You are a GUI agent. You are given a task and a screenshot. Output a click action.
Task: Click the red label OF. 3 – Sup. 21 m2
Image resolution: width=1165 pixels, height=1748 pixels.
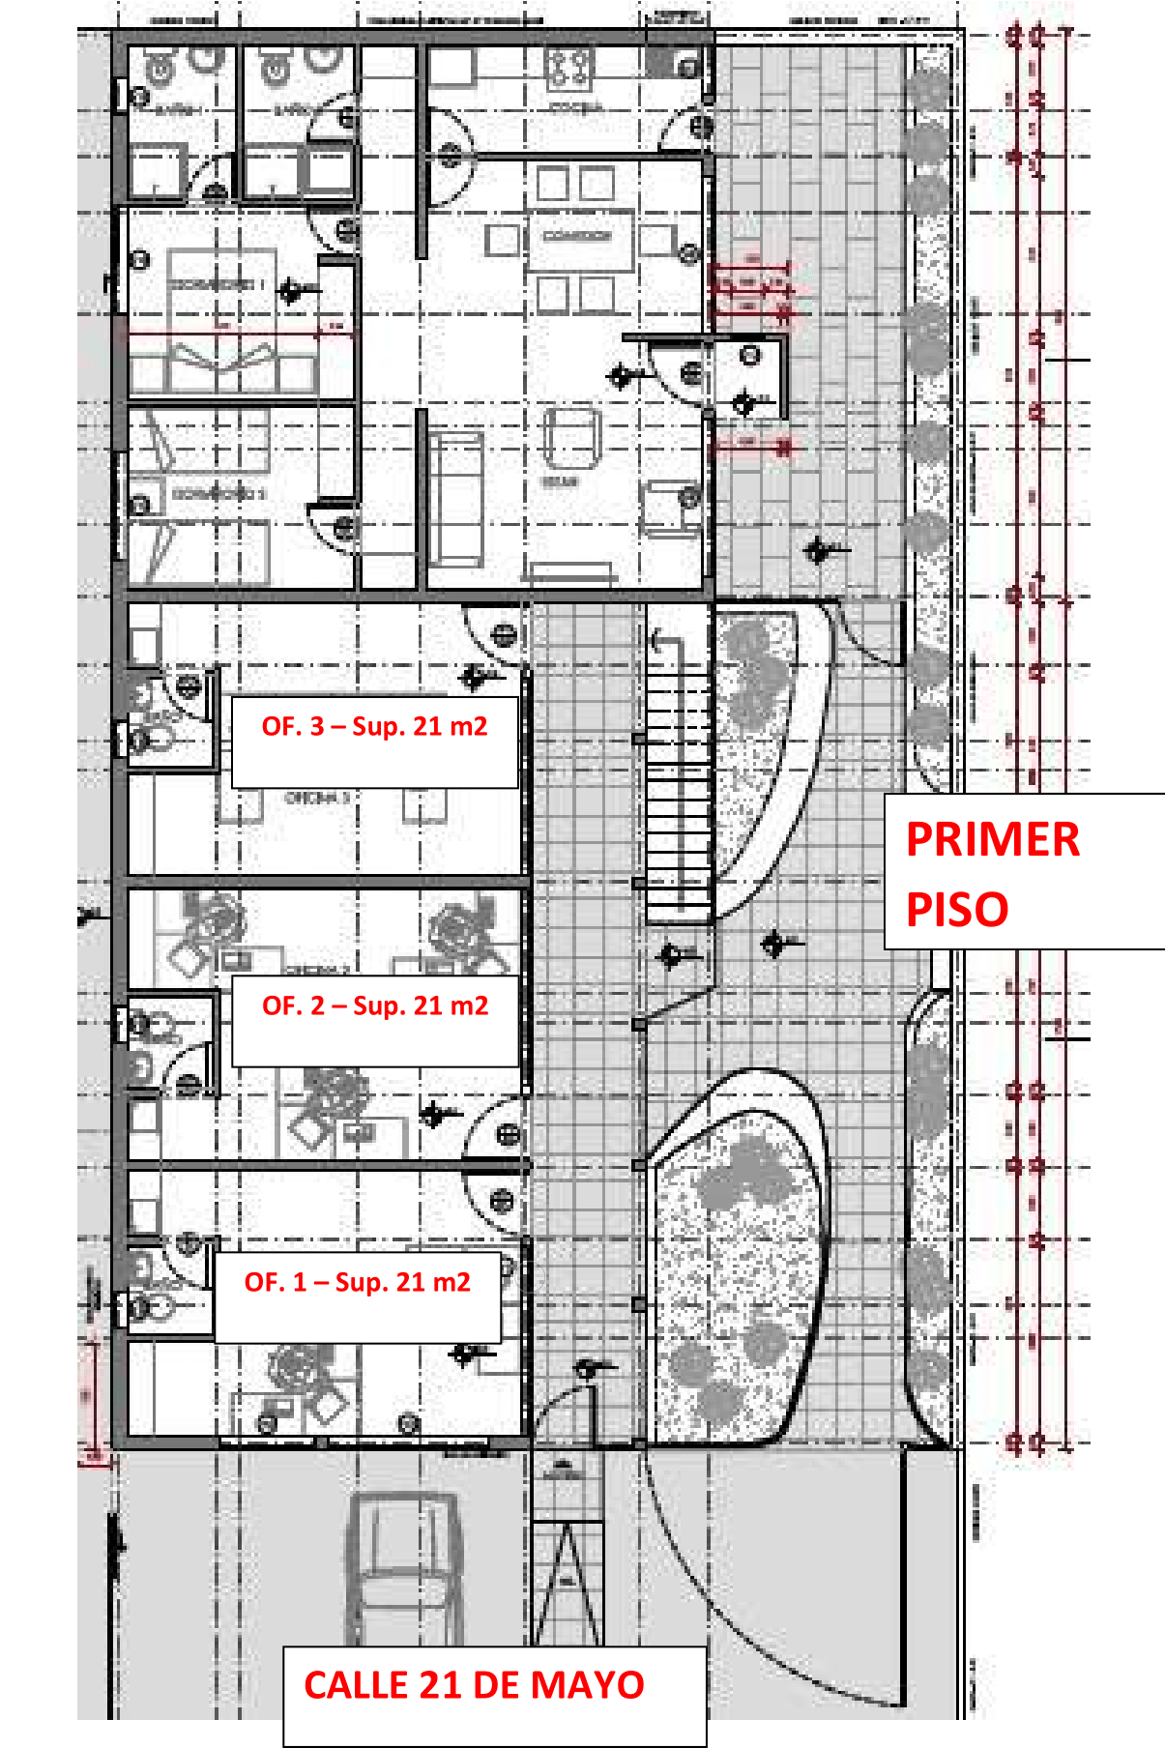(374, 727)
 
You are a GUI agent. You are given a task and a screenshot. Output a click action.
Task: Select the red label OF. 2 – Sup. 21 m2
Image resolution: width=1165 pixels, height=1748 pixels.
(375, 1006)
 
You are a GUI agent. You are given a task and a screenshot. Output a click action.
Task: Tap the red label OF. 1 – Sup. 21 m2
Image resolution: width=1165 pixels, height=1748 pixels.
(357, 1283)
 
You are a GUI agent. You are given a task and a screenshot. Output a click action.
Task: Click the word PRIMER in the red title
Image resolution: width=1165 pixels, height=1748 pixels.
(992, 839)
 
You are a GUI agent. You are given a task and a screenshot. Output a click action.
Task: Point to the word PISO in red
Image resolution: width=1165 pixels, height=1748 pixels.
(956, 910)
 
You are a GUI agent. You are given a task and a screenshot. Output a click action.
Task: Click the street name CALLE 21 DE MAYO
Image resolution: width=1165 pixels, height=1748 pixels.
(474, 1686)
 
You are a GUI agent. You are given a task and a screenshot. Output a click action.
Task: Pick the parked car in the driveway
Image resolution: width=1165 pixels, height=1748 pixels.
(403, 1566)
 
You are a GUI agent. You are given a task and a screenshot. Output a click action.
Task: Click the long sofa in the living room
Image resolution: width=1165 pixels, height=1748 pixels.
(455, 500)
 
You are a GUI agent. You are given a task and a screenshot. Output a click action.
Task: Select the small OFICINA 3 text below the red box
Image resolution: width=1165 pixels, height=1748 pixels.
(317, 799)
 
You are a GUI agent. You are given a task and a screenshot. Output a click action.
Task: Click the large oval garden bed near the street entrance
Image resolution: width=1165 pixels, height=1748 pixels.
(740, 1257)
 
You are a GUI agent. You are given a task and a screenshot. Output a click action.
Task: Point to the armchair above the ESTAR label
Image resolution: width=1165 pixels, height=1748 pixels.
(571, 438)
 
